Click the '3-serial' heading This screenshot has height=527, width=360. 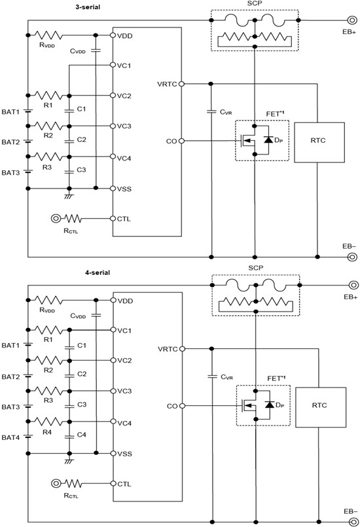pyautogui.click(x=90, y=8)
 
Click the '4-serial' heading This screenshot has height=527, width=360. pyautogui.click(x=90, y=272)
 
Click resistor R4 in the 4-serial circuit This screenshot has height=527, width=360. pyautogui.click(x=48, y=422)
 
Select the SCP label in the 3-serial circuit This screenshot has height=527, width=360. pyautogui.click(x=255, y=5)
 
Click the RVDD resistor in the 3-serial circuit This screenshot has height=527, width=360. pyautogui.click(x=48, y=33)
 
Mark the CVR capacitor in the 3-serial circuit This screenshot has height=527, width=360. pyautogui.click(x=211, y=112)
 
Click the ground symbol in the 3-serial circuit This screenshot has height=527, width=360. pyautogui.click(x=68, y=196)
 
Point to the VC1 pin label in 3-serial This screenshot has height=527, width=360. pyautogui.click(x=124, y=66)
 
